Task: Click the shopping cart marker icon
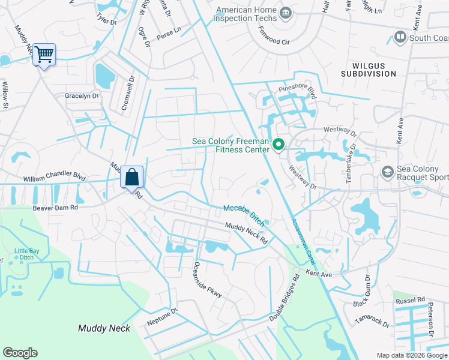click(x=44, y=55)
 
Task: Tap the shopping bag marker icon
click(x=132, y=177)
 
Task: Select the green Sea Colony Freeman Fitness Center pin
click(x=279, y=145)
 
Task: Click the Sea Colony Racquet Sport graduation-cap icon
click(x=388, y=173)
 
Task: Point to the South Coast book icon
click(x=400, y=38)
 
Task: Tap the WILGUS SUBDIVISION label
click(x=369, y=69)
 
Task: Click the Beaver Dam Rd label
click(x=56, y=207)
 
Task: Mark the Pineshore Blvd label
click(x=297, y=88)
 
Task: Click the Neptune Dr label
click(x=163, y=317)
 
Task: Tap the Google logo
click(x=20, y=353)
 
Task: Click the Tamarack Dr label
click(x=372, y=322)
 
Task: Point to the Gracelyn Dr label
click(x=82, y=96)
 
